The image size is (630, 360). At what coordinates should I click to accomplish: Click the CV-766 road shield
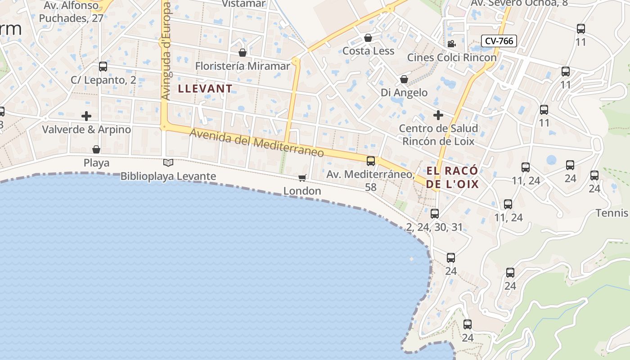pos(499,41)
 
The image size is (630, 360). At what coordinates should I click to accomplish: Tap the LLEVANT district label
pos(205,88)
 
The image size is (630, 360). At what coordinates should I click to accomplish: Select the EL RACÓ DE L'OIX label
pos(452,177)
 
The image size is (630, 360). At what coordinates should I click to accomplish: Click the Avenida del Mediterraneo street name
pos(256,143)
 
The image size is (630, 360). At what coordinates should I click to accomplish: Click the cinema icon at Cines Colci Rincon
pos(451,44)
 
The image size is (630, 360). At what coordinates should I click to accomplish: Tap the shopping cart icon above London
pos(302,178)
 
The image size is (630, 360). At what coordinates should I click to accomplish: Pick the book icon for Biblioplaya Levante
pos(168,162)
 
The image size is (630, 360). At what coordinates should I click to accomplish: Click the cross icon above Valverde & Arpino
pos(86,116)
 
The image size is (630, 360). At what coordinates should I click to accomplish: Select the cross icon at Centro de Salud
pos(438,115)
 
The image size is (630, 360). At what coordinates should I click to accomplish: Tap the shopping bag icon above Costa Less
pos(368,38)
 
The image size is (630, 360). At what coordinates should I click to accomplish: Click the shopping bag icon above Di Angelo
pos(404,80)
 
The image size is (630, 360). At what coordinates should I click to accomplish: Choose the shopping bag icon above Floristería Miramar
pos(243,53)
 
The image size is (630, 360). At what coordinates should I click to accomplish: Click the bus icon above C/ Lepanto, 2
pos(103,67)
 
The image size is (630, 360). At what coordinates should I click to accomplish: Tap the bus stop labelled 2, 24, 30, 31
pos(434,214)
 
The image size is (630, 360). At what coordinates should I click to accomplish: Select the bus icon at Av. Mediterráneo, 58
pos(371,161)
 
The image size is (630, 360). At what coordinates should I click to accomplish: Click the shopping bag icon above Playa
pos(96,149)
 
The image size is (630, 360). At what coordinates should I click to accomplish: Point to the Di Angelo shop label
pos(404,93)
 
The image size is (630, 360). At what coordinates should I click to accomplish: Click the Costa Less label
pos(368,51)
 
